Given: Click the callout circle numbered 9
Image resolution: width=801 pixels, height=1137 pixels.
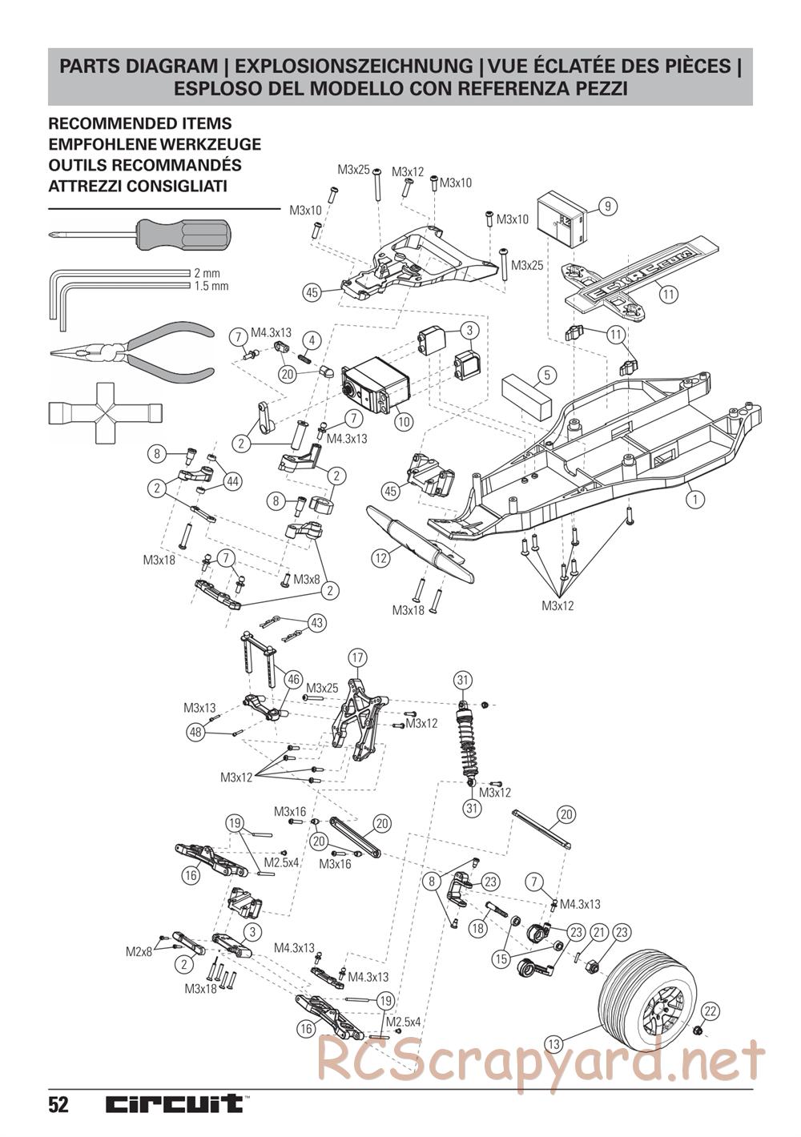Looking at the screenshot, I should [608, 207].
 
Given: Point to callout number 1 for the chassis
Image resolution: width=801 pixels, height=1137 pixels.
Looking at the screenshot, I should [694, 499].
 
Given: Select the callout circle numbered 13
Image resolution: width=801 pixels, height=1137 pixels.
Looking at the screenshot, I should [553, 1043].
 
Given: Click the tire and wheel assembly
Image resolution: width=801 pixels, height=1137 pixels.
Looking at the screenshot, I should [650, 990].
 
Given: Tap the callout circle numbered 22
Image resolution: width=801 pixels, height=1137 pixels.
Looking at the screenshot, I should [710, 1010].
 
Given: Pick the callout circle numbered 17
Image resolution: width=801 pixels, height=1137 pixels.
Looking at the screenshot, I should [358, 657].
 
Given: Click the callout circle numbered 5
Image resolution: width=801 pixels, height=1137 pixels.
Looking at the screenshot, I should [546, 374].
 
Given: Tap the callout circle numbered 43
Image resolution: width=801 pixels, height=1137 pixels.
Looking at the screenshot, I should [317, 623].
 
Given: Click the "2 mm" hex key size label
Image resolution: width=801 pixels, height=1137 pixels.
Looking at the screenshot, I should [207, 273].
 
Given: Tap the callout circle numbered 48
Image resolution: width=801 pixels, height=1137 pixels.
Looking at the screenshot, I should [195, 731].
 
